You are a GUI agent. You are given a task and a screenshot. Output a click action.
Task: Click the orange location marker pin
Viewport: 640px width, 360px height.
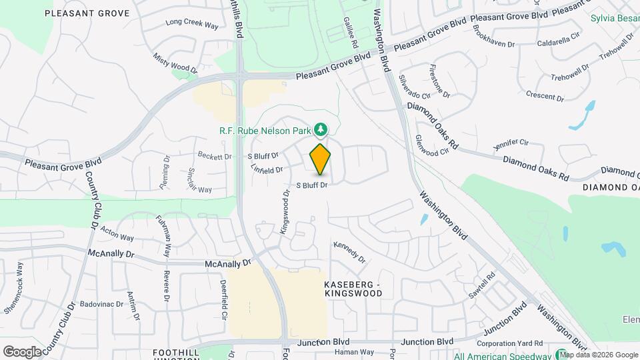coord(320,159)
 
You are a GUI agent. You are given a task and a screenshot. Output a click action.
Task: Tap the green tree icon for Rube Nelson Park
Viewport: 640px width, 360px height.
coord(321,128)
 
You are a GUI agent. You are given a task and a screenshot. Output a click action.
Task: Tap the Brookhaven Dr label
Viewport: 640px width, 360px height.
coord(493,37)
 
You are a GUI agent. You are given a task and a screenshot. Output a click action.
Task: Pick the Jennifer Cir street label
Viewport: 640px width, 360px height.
coord(511,144)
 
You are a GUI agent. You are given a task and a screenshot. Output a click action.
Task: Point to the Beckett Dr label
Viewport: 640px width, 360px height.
coord(214,156)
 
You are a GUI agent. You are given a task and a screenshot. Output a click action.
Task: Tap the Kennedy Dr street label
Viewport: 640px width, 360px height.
coord(350,251)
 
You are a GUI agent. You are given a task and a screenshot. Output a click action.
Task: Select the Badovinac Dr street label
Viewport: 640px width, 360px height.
coord(102,304)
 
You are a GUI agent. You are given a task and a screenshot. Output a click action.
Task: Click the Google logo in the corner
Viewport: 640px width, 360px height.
coord(22,351)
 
